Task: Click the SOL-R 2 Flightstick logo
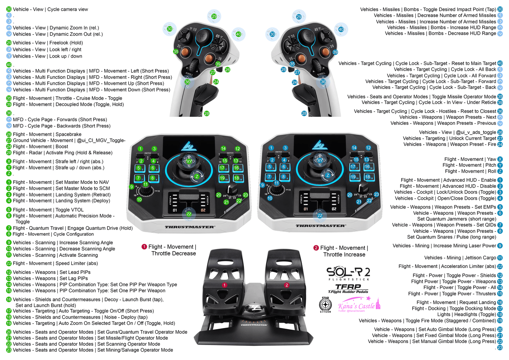click(x=348, y=274)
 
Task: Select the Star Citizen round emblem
click(x=325, y=305)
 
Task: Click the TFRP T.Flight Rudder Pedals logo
click(x=348, y=289)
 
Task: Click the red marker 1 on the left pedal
click(x=225, y=285)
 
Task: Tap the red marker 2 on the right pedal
click(x=286, y=285)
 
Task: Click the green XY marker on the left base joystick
click(x=189, y=162)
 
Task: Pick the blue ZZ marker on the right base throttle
click(x=320, y=215)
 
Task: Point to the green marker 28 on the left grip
click(x=207, y=114)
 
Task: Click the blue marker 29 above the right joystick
click(x=299, y=17)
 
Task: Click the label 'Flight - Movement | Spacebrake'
click(x=47, y=134)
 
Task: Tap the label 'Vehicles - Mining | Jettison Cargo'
click(x=460, y=257)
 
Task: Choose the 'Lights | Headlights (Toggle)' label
click(x=467, y=314)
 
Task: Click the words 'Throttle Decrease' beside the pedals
click(x=173, y=253)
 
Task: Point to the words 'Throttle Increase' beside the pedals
click(x=344, y=255)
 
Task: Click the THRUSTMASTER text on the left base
click(x=190, y=227)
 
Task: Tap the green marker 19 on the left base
click(x=222, y=178)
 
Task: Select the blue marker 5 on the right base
click(x=270, y=167)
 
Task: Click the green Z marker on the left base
click(x=197, y=176)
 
